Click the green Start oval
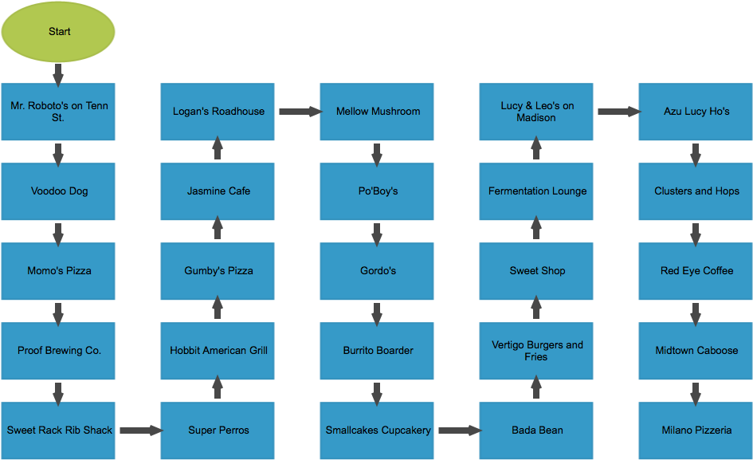pos(58,32)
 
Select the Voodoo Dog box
pos(58,191)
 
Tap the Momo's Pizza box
pos(58,271)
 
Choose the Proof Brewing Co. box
pos(58,351)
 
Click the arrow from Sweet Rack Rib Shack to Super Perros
pos(142,431)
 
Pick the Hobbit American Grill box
pos(218,351)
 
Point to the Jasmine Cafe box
pos(218,191)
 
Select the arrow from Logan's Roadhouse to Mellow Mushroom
pos(301,112)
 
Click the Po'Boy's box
pos(377,191)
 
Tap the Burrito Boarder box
pos(377,351)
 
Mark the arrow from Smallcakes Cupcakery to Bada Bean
pos(461,431)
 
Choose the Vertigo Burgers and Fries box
pos(536,351)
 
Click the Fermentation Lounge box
pos(536,191)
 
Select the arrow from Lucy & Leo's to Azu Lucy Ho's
pos(620,112)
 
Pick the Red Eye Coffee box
pos(696,271)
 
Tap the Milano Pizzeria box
pos(696,431)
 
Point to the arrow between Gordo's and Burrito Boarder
pos(377,315)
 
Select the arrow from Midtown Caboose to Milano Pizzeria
pos(696,395)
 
